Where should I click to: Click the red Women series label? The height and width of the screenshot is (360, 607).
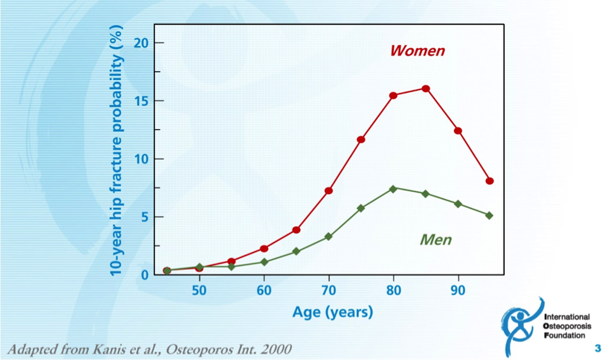click(x=417, y=51)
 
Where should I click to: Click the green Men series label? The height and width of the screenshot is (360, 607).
click(x=435, y=240)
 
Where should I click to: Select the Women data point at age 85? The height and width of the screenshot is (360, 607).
click(x=426, y=89)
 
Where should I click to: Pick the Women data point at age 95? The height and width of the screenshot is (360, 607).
click(x=489, y=181)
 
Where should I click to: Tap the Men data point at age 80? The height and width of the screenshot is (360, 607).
click(x=393, y=189)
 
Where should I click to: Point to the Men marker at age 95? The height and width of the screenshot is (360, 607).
click(x=489, y=215)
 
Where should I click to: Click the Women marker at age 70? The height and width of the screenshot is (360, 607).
click(x=329, y=191)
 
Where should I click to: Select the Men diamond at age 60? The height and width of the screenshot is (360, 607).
click(x=264, y=262)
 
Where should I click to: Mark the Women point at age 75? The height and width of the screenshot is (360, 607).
click(x=361, y=140)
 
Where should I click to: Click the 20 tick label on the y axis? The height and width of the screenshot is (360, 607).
click(x=141, y=43)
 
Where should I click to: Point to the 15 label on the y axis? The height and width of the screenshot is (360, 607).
click(x=141, y=101)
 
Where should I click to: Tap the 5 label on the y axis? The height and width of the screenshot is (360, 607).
click(x=144, y=217)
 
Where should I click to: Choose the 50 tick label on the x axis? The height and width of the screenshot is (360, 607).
click(x=199, y=290)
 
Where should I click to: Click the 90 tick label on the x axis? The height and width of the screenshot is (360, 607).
click(x=458, y=290)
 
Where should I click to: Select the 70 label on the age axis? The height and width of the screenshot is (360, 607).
click(x=329, y=290)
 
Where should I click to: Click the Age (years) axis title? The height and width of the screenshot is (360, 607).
click(x=333, y=312)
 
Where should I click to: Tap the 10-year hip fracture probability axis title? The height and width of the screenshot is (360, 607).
click(x=116, y=150)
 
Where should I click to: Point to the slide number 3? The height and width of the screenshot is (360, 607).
click(x=598, y=348)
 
